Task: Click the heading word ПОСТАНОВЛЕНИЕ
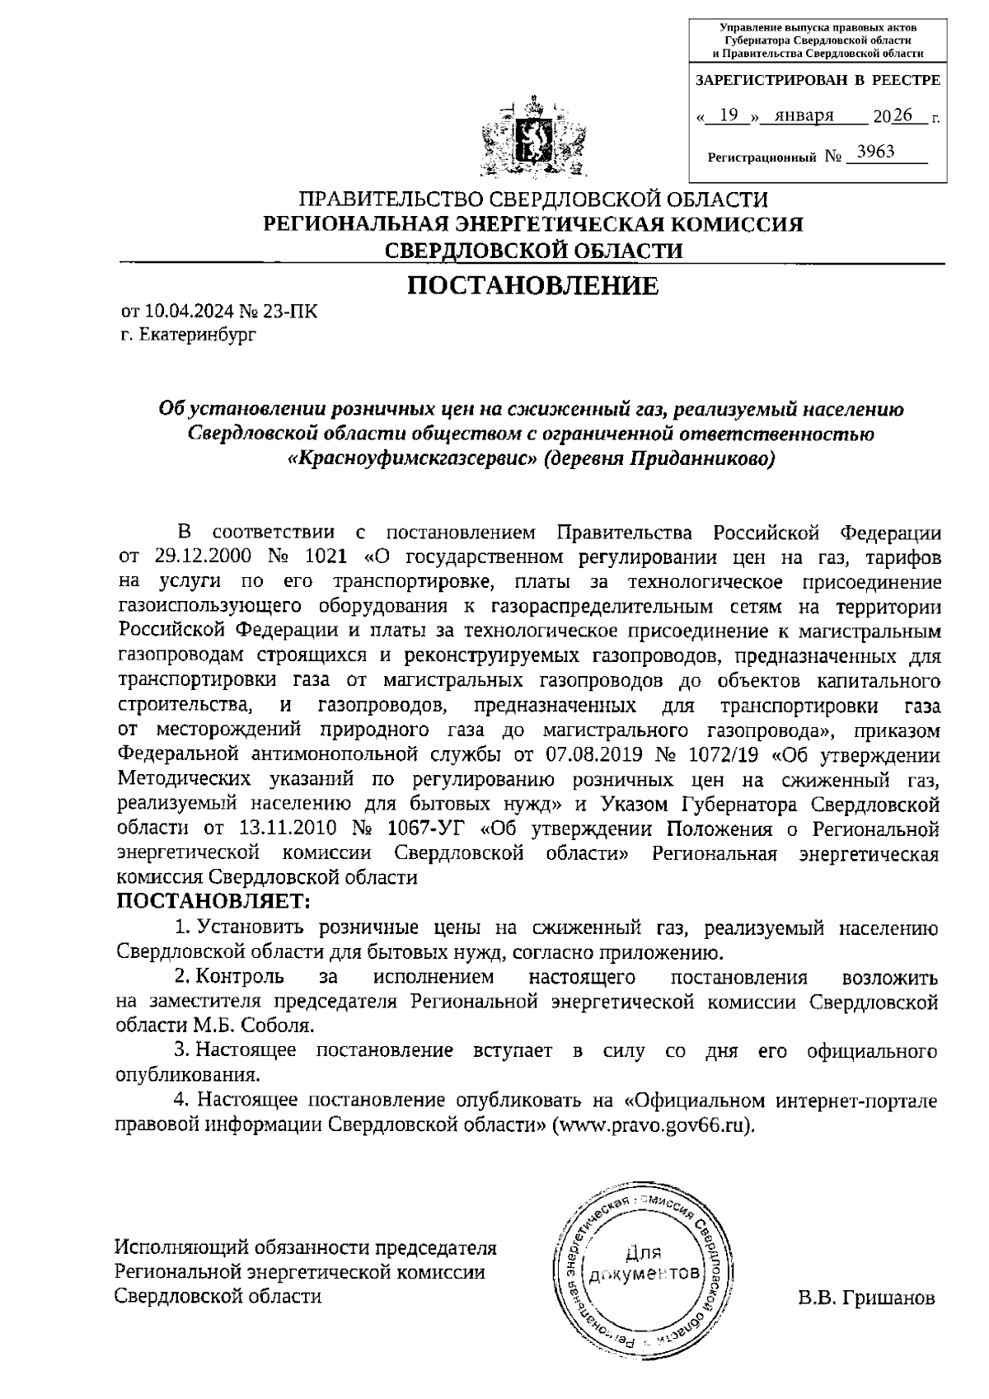coord(534,286)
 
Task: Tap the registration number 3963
coord(875,152)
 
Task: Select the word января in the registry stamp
coord(798,115)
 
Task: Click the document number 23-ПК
coord(289,312)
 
